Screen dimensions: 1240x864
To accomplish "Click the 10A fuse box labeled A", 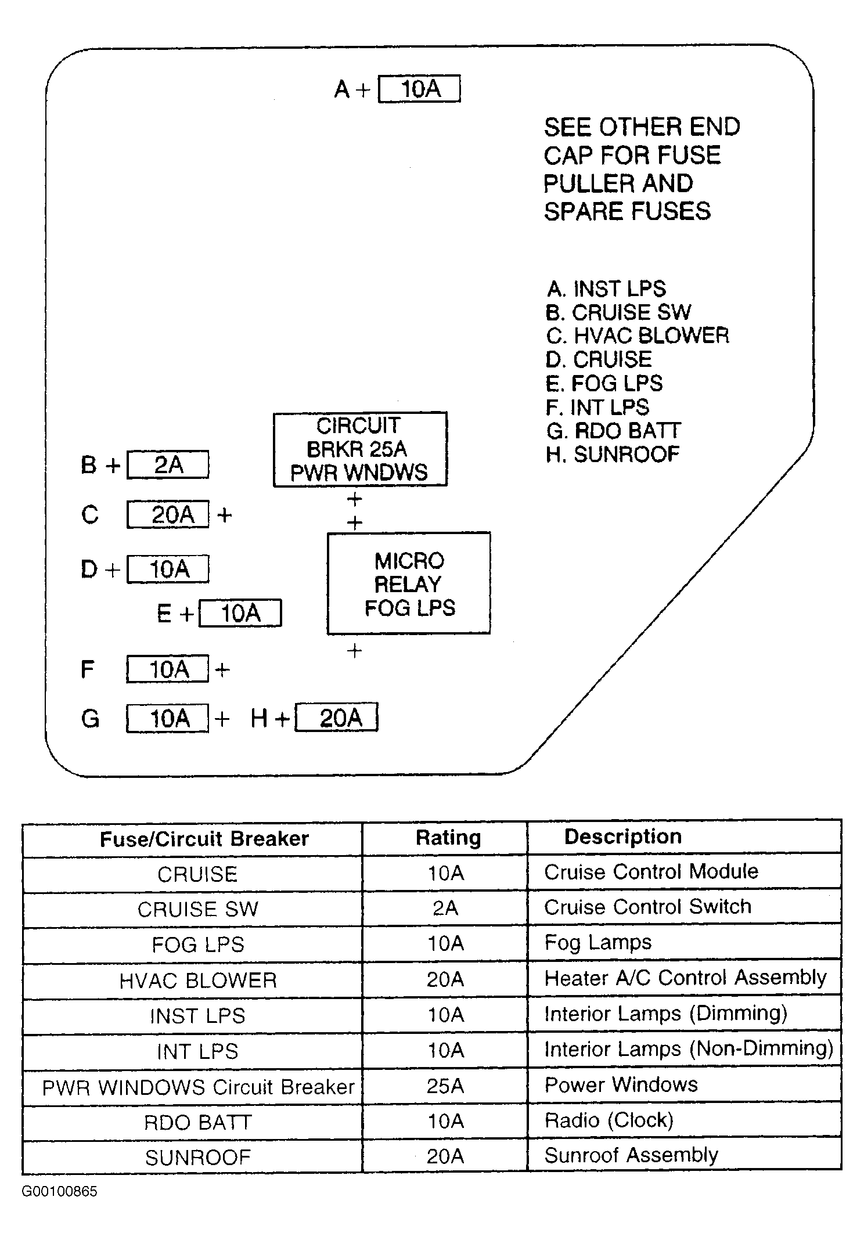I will click(419, 89).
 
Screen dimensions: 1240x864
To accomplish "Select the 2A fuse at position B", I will click(168, 464).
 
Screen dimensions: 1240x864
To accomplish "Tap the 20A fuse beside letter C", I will click(168, 514).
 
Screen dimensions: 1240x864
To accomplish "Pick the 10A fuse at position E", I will click(240, 613).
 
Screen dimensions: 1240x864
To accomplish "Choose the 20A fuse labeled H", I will click(336, 718).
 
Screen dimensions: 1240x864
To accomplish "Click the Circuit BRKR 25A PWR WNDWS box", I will click(360, 449).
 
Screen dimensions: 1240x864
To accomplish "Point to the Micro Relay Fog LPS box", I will click(409, 583).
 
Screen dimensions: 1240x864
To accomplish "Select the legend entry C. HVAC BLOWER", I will click(637, 336).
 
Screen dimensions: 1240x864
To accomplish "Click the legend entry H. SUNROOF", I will click(612, 454).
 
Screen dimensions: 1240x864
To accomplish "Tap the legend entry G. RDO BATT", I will click(613, 431).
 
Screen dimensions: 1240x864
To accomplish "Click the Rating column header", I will click(448, 837).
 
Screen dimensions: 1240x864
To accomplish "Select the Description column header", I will click(622, 836).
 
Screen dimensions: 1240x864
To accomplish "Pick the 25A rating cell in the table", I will click(445, 1086).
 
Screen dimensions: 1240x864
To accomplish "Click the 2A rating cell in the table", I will click(445, 908).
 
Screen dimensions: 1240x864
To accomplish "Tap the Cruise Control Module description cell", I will click(651, 871).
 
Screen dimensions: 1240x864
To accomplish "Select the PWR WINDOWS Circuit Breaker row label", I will click(198, 1087).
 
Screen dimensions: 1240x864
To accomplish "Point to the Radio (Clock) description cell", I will click(609, 1120).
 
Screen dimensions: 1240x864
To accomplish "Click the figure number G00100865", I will click(59, 1191).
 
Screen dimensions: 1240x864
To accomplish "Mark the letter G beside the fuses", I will click(90, 719).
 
